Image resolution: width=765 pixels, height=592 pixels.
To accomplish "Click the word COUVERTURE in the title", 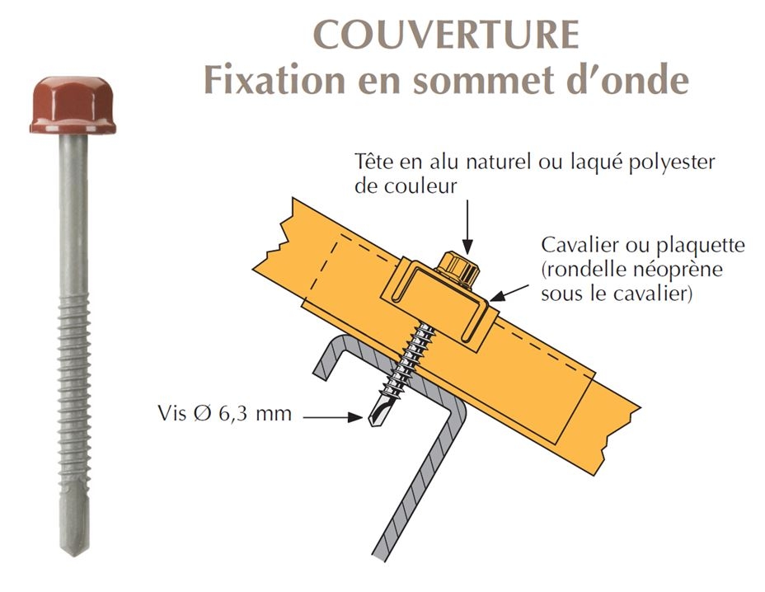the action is [446, 34].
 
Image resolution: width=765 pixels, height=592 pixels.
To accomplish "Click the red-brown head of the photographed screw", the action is [73, 105].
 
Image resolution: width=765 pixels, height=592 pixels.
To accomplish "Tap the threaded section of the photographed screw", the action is [73, 391].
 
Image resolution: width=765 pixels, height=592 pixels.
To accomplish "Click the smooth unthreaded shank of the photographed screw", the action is [73, 214].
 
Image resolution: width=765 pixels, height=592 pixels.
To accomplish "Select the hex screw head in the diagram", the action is [458, 270].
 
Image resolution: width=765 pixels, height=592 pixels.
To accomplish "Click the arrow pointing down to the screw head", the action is [467, 227].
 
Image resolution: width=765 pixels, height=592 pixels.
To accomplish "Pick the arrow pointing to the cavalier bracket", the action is [509, 293].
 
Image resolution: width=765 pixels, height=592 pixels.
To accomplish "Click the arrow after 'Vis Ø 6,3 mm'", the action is [333, 417].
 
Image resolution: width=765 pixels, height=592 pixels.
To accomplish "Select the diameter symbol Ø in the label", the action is [203, 414].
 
